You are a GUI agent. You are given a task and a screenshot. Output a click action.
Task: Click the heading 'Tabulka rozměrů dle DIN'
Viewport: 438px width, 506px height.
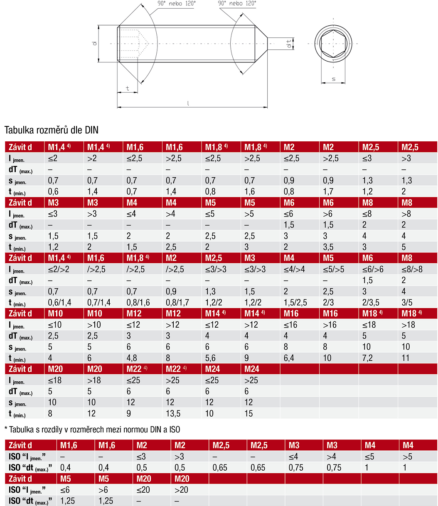pos(52,130)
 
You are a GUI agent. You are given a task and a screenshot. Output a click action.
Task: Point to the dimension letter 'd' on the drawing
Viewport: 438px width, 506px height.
pos(94,44)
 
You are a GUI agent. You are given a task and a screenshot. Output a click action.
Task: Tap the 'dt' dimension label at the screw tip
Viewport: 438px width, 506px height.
pos(289,44)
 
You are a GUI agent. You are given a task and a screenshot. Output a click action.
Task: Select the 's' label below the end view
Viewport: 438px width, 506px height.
pos(333,79)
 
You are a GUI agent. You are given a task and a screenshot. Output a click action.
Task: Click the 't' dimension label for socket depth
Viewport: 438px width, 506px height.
pos(128,89)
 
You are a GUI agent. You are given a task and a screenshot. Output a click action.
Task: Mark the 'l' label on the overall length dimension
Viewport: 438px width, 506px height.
pos(188,103)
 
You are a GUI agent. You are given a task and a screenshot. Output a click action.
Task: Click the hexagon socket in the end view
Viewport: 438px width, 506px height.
pos(333,44)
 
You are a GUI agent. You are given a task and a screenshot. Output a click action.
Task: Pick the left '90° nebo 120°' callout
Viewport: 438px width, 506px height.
pos(177,3)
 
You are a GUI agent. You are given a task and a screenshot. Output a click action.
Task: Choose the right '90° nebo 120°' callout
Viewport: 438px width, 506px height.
pos(237,3)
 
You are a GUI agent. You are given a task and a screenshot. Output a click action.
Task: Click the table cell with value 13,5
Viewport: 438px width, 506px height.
pos(173,413)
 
